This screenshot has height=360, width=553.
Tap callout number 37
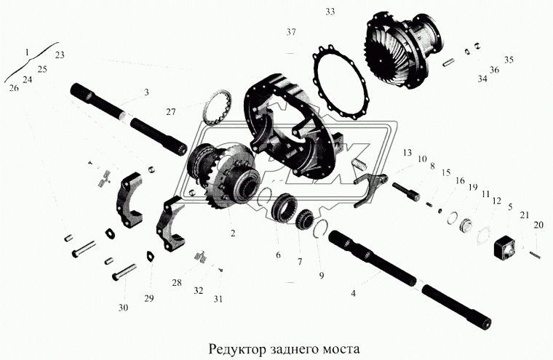click(x=291, y=33)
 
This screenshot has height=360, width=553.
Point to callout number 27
click(x=170, y=112)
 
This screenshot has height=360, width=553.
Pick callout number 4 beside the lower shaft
click(x=353, y=294)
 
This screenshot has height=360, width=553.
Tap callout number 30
click(x=123, y=308)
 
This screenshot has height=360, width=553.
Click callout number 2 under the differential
click(x=232, y=234)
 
